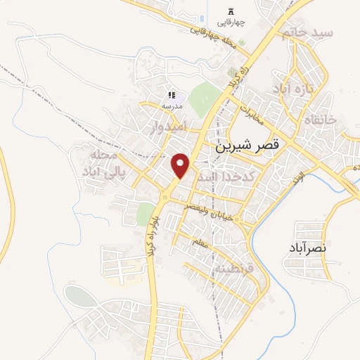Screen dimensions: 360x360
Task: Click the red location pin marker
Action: pyautogui.click(x=181, y=165)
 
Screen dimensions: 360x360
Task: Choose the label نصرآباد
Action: pyautogui.click(x=308, y=248)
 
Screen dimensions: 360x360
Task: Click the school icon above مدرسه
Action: pyautogui.click(x=171, y=95)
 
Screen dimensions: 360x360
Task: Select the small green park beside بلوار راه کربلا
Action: pyautogui.click(x=145, y=214)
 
